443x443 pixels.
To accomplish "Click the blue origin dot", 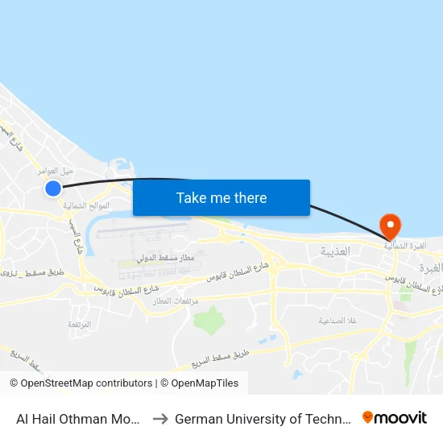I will pyautogui.click(x=53, y=188).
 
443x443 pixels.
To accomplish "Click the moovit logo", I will pyautogui.click(x=395, y=418).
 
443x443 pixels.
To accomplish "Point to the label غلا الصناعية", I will pyautogui.click(x=337, y=320).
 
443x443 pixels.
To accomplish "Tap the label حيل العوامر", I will pyautogui.click(x=56, y=171).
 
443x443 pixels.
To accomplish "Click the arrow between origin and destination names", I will pyautogui.click(x=159, y=419).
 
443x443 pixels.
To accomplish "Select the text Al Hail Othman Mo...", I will pyautogui.click(x=80, y=419).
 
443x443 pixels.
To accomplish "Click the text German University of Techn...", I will pyautogui.click(x=261, y=419).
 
